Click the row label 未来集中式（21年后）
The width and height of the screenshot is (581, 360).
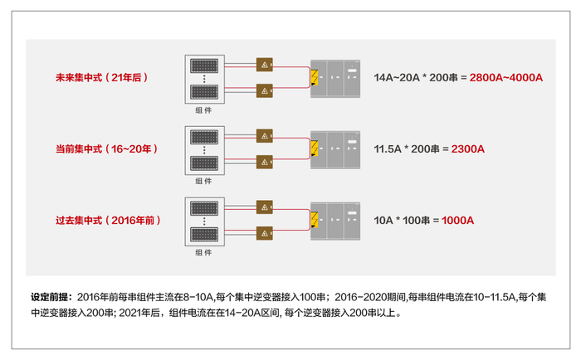point(100,78)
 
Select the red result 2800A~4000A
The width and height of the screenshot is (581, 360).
point(505,78)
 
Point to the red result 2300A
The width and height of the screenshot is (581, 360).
point(467,149)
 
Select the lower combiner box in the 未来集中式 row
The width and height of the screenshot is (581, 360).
point(265,89)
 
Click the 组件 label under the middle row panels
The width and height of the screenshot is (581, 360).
point(203,181)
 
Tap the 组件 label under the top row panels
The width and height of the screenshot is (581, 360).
point(203,109)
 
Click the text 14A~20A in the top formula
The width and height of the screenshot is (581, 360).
point(401,78)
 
